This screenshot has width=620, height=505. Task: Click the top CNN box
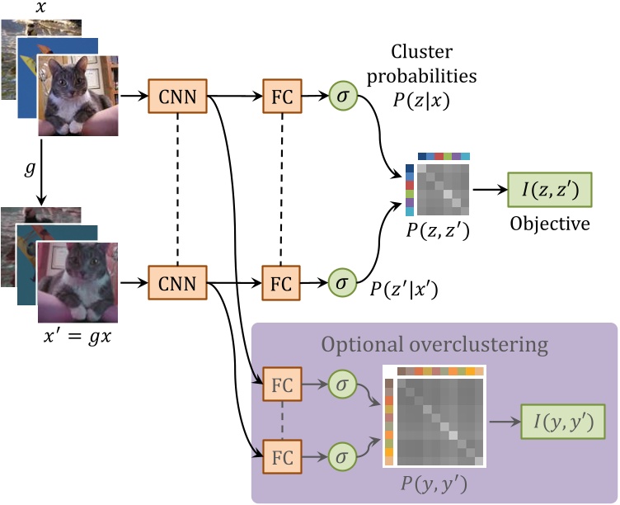click(x=178, y=97)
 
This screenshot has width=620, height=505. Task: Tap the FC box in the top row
click(x=281, y=97)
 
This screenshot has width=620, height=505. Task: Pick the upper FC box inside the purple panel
click(x=281, y=384)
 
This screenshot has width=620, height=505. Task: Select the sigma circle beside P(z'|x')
click(x=341, y=281)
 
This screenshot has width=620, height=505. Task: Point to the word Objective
click(x=551, y=224)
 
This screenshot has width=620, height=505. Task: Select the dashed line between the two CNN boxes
click(x=178, y=190)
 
